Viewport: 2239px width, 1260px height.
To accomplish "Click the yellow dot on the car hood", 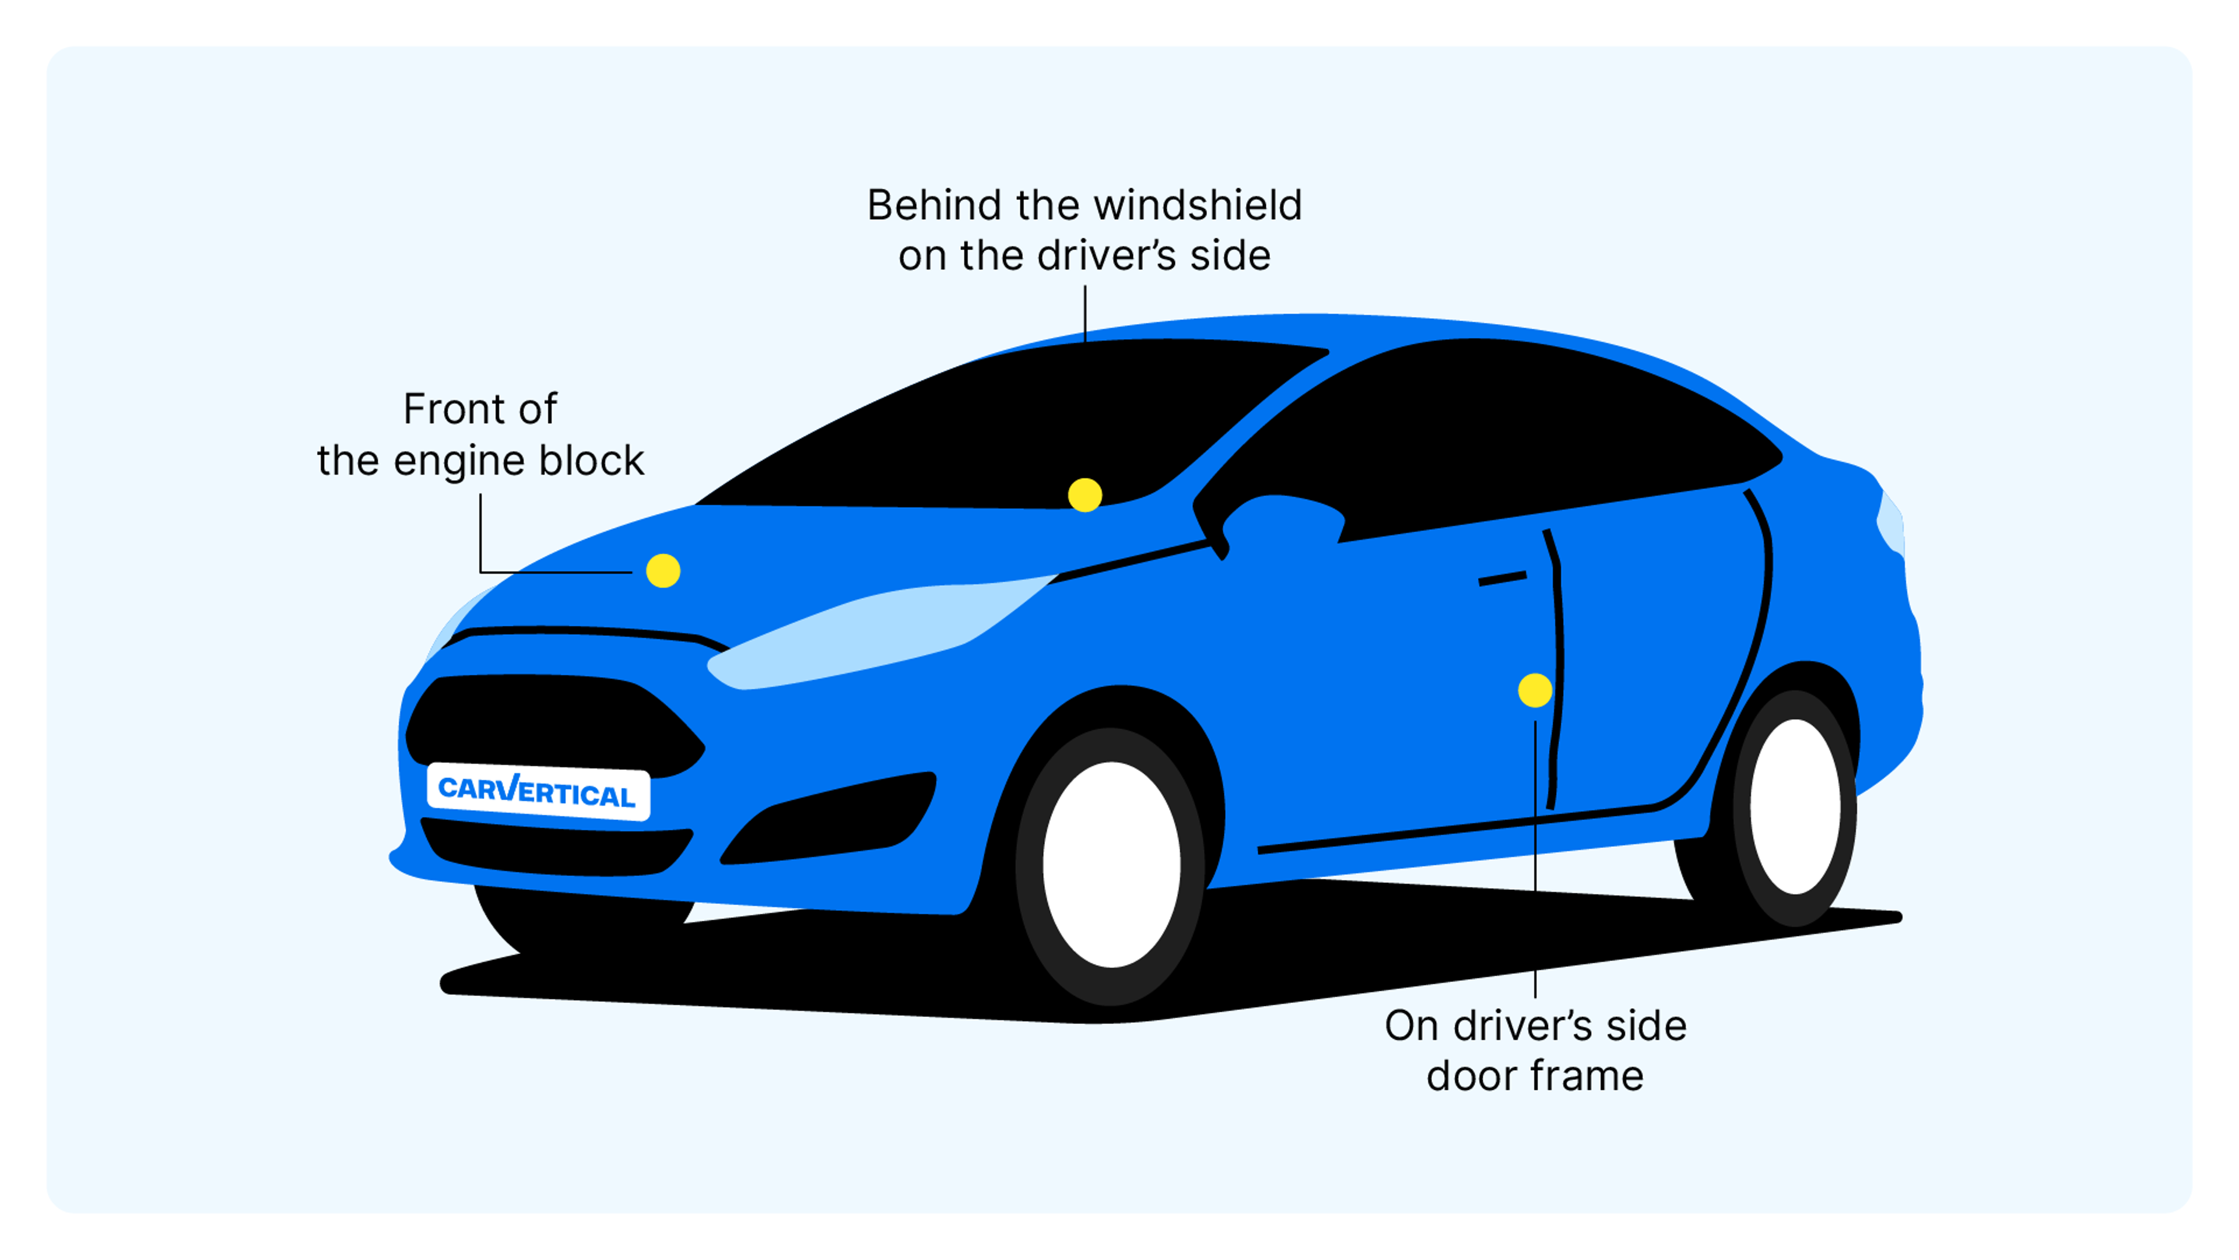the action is click(663, 571).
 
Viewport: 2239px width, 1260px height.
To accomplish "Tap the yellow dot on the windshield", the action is click(1085, 495).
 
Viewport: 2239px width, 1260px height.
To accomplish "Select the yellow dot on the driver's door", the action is click(1535, 691).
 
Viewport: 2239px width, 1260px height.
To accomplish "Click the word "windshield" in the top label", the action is click(1198, 206).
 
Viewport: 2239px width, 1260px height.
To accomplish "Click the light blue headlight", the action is click(869, 634).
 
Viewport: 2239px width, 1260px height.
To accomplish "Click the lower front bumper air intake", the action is click(556, 847).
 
